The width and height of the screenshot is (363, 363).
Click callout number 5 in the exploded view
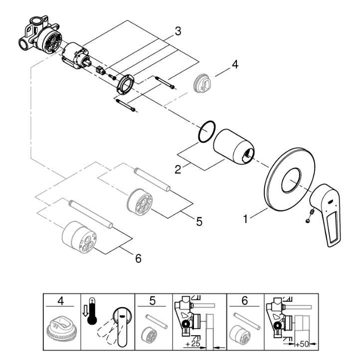point(198,221)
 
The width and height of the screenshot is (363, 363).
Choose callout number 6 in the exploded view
point(138,258)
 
